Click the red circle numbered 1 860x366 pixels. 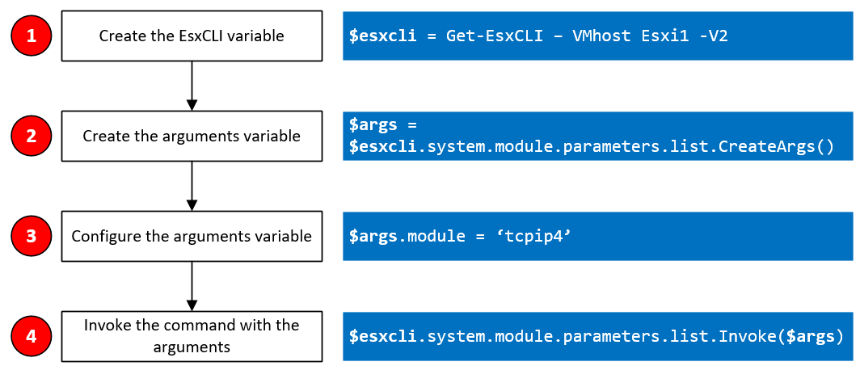32,36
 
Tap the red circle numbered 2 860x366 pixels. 32,136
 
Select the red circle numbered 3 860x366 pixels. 32,236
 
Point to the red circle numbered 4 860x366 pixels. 32,336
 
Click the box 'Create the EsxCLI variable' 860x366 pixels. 192,36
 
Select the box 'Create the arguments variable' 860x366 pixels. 192,136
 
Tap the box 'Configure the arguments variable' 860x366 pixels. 192,236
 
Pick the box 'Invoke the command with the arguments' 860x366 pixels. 192,336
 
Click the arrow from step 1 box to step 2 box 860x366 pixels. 192,86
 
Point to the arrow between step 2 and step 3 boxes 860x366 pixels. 192,186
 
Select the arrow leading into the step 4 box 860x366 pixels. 192,286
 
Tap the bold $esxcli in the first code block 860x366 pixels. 383,36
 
